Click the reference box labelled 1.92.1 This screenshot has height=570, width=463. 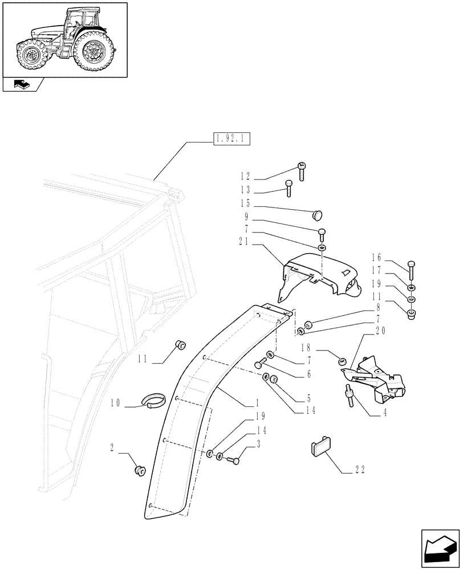pos(233,139)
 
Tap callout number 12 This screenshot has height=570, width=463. pos(245,177)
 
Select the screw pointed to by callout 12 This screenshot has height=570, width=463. pos(302,170)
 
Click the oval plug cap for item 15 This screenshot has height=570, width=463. pos(317,214)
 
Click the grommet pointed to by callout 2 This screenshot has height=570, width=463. pos(139,470)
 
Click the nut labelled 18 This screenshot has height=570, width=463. pos(342,360)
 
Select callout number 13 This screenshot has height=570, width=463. pos(245,190)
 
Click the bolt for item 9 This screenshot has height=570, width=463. pos(322,234)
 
